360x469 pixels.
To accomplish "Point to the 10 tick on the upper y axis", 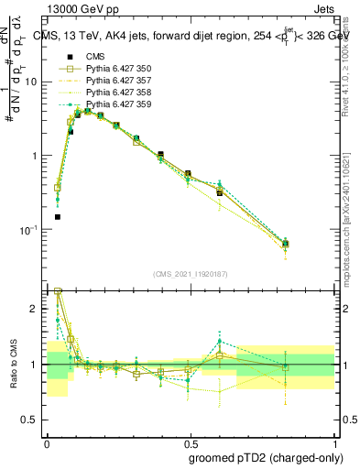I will [34, 82].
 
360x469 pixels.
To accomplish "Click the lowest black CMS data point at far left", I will [57, 217].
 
